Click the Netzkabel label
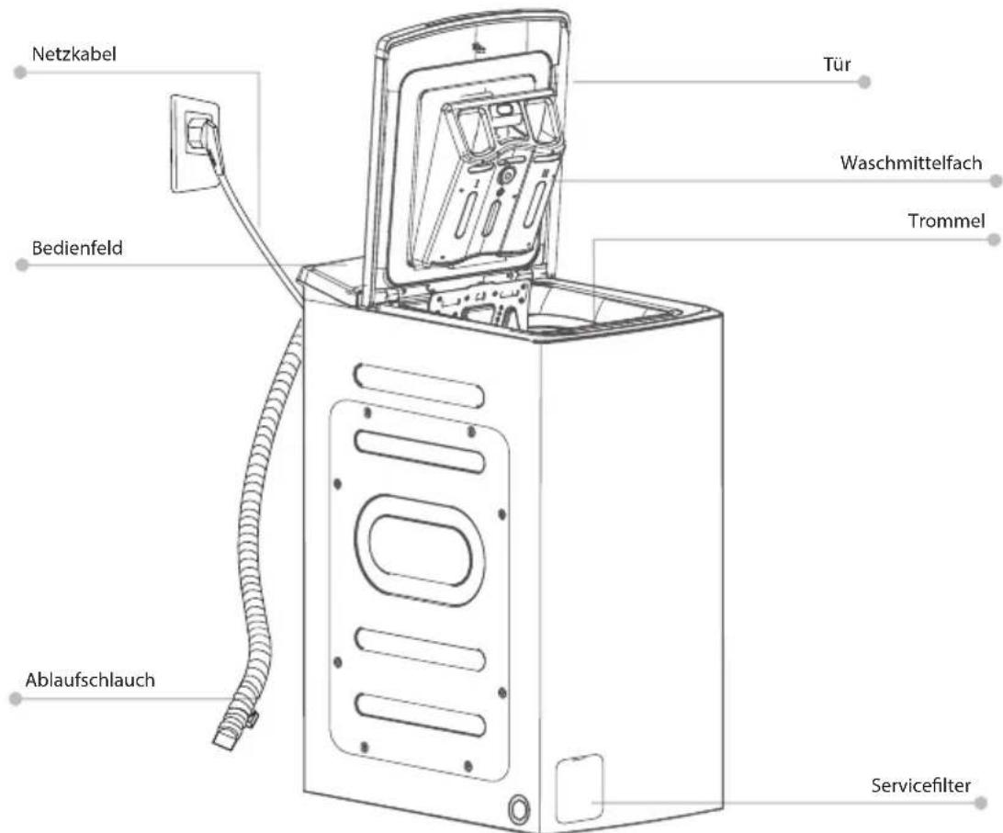(x=74, y=54)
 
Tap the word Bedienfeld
(x=77, y=248)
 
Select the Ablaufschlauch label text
(x=90, y=680)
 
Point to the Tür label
(x=837, y=64)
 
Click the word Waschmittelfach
(x=911, y=163)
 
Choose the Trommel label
(x=946, y=221)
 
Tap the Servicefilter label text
(x=921, y=785)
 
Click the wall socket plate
(x=195, y=142)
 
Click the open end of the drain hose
(x=224, y=741)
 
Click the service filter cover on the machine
(x=580, y=788)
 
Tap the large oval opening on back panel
(x=420, y=550)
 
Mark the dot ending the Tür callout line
(x=864, y=82)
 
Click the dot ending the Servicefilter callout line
(x=982, y=803)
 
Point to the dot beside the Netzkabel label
(x=20, y=73)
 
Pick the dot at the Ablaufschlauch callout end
(x=16, y=699)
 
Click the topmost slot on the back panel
(x=419, y=385)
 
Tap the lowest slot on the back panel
(x=421, y=714)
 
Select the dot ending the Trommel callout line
(x=994, y=240)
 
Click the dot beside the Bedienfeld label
(x=22, y=265)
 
